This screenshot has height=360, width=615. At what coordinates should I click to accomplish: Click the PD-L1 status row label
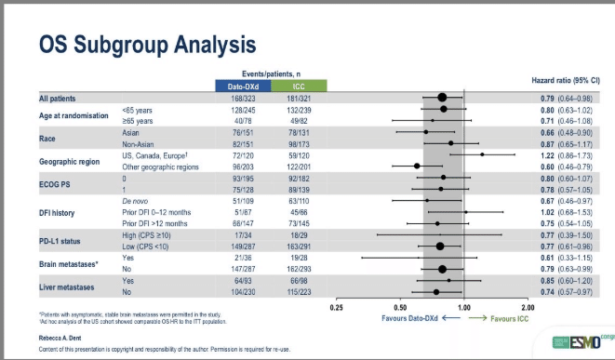pos(65,241)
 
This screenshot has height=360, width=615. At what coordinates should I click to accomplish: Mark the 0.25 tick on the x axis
pos(336,306)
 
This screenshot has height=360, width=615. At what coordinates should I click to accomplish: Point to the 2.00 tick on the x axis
pos(528,306)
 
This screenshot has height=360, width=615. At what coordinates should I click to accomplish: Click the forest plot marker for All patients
pos(443,97)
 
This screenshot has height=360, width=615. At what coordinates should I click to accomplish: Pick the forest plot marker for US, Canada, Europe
pos(482,154)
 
